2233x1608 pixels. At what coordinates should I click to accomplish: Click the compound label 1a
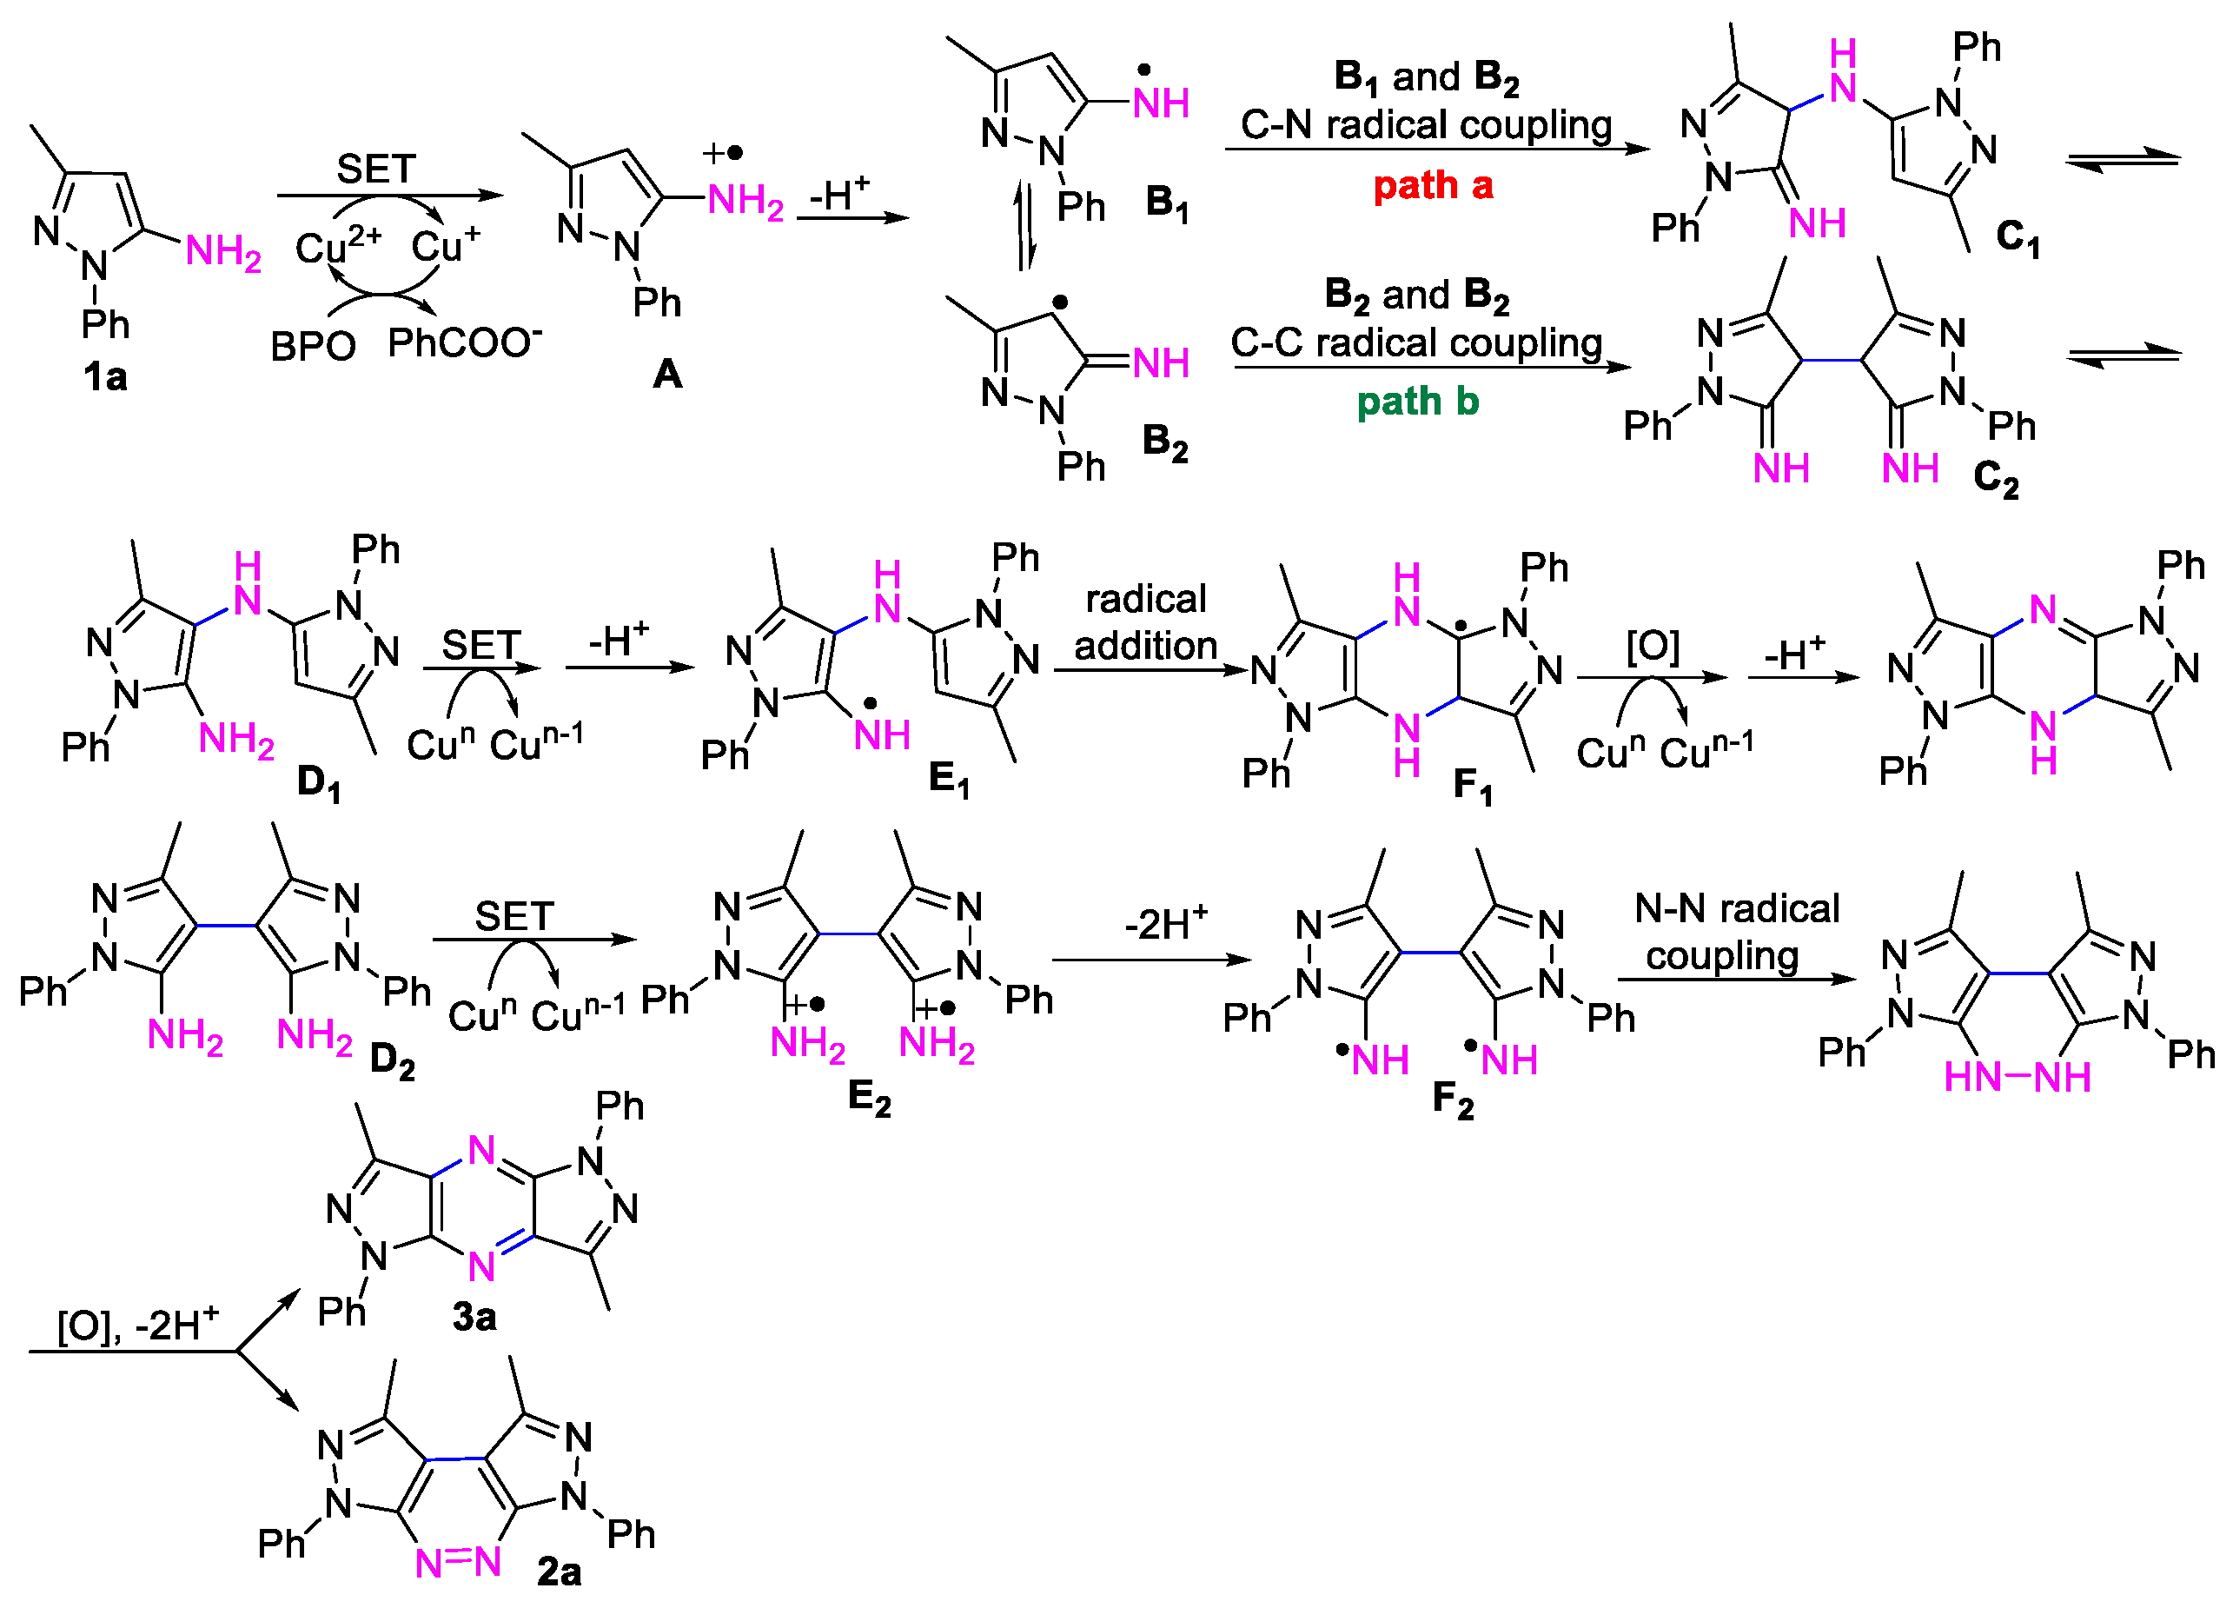tap(105, 377)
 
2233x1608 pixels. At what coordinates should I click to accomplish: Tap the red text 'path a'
tap(1433, 185)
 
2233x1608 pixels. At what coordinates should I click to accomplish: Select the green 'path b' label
tap(1418, 402)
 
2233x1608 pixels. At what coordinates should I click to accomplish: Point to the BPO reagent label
tap(313, 347)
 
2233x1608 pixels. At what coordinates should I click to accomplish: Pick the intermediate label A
tap(667, 374)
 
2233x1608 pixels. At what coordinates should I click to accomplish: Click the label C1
tap(2018, 237)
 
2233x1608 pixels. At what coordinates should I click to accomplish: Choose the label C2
tap(1997, 480)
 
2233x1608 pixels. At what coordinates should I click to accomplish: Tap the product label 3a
tap(474, 1317)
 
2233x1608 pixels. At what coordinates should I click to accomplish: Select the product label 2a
tap(558, 1571)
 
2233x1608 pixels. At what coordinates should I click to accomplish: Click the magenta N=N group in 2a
tap(458, 1563)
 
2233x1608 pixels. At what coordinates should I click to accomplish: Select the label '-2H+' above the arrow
tap(1166, 924)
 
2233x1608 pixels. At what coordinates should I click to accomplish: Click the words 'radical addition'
tap(1145, 622)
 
